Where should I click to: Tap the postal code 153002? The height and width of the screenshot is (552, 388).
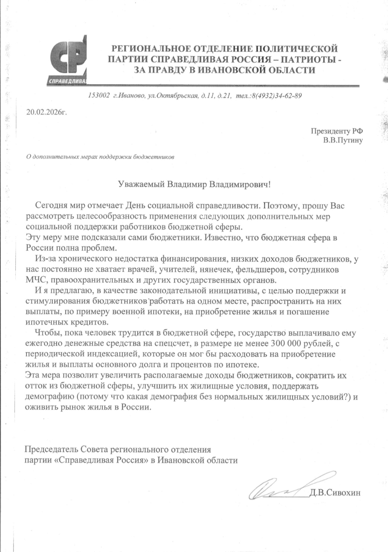coord(99,96)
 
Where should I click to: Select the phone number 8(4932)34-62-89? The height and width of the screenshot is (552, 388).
coord(276,96)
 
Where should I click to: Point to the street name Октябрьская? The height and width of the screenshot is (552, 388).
coord(178,96)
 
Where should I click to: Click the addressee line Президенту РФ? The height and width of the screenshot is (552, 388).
coord(337,131)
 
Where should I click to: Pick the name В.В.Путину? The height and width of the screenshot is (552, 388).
coord(343,141)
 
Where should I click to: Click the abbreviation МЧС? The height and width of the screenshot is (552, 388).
coord(36,280)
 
